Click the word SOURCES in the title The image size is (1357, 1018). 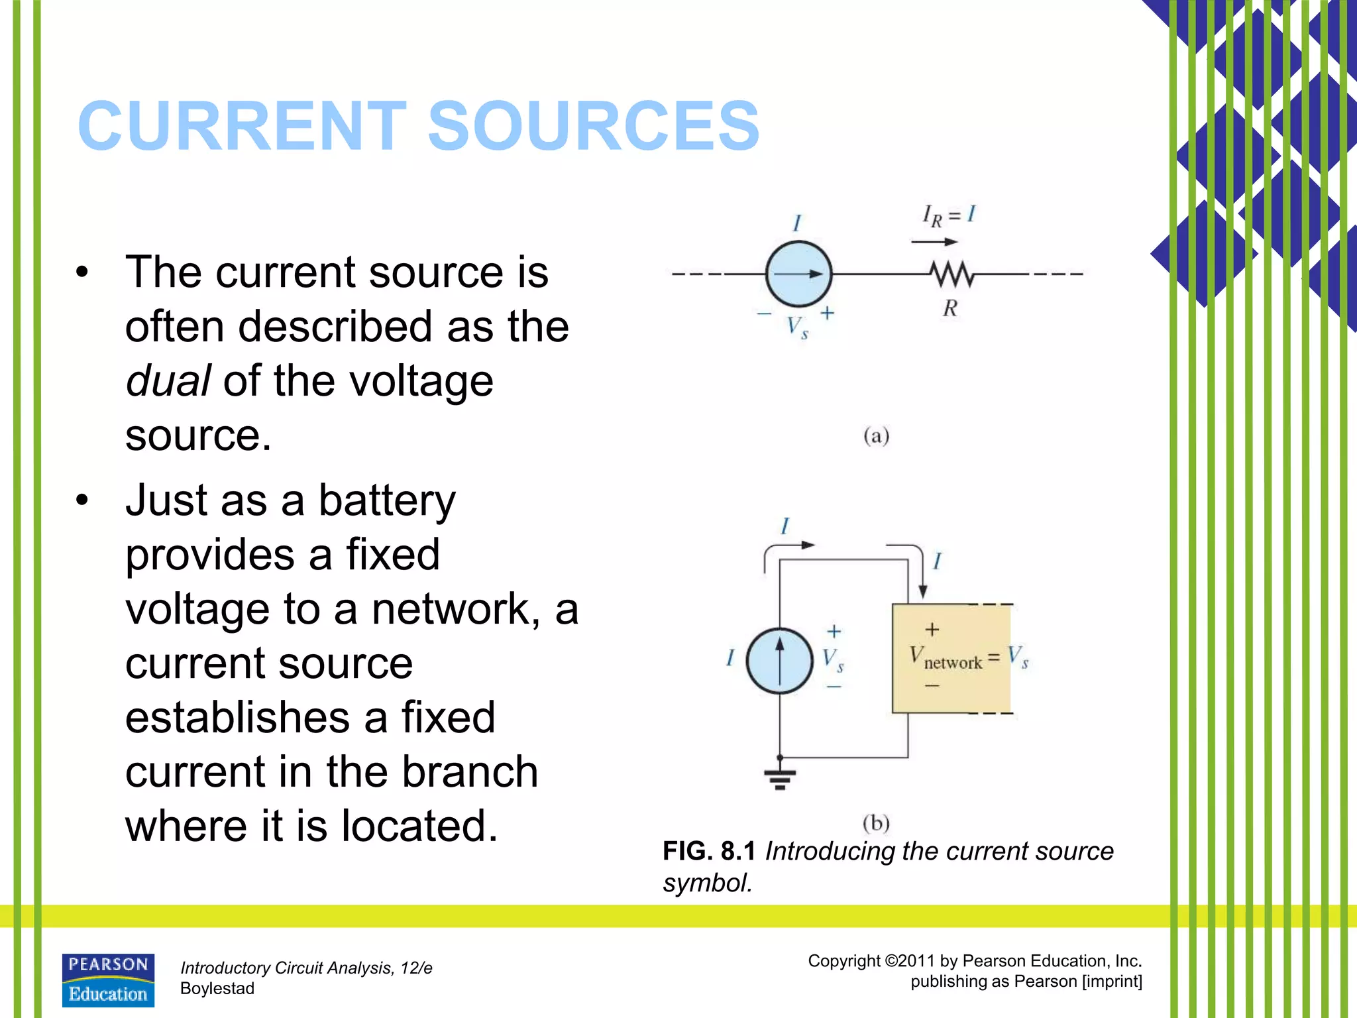593,126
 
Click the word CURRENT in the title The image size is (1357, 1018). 242,126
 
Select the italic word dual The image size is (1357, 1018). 168,381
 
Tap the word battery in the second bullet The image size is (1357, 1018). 387,500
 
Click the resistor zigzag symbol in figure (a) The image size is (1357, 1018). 951,273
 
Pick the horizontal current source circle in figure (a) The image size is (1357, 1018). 798,273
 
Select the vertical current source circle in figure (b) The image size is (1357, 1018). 779,660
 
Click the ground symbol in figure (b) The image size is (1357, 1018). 779,779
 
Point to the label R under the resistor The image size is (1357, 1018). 950,308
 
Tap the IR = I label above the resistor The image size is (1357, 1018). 949,215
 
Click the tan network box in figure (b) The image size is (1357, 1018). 951,658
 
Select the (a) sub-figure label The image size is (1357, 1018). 876,436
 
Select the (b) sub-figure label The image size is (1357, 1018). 876,823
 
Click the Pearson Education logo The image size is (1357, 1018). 108,980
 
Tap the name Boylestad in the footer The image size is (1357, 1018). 217,988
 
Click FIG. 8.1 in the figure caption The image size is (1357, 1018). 709,852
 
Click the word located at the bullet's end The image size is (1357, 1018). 419,826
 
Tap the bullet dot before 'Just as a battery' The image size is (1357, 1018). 81,500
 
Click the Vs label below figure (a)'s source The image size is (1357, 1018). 797,327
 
